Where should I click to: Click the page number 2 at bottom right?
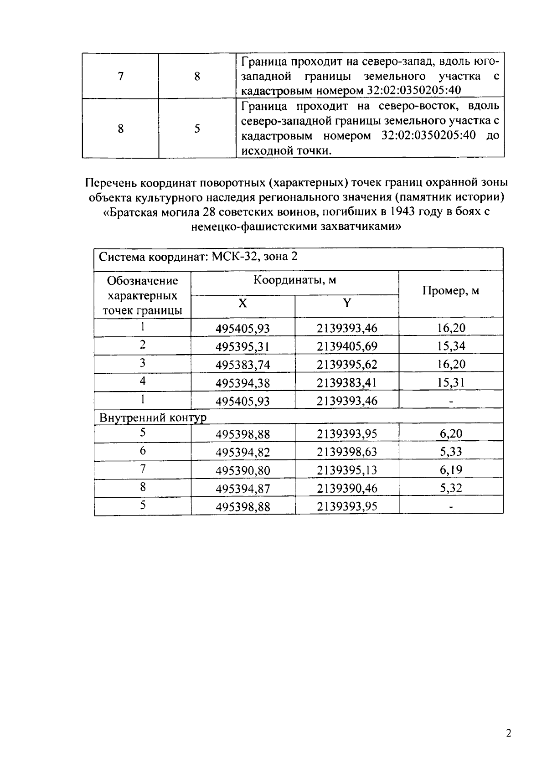(509, 733)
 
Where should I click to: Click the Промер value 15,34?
(451, 346)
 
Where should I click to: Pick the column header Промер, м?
(451, 291)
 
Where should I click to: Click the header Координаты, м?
(294, 280)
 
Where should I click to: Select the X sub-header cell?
(243, 303)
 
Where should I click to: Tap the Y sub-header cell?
(347, 303)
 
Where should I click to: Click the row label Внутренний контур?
(153, 417)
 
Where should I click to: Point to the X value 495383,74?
(243, 365)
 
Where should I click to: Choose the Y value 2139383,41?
(347, 382)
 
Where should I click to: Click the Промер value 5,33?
(451, 452)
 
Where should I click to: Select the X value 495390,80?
(243, 470)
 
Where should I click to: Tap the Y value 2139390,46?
(347, 489)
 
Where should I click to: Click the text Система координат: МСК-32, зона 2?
(198, 257)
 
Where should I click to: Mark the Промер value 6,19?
(451, 470)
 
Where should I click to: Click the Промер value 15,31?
(451, 382)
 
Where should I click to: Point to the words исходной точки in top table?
(286, 151)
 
